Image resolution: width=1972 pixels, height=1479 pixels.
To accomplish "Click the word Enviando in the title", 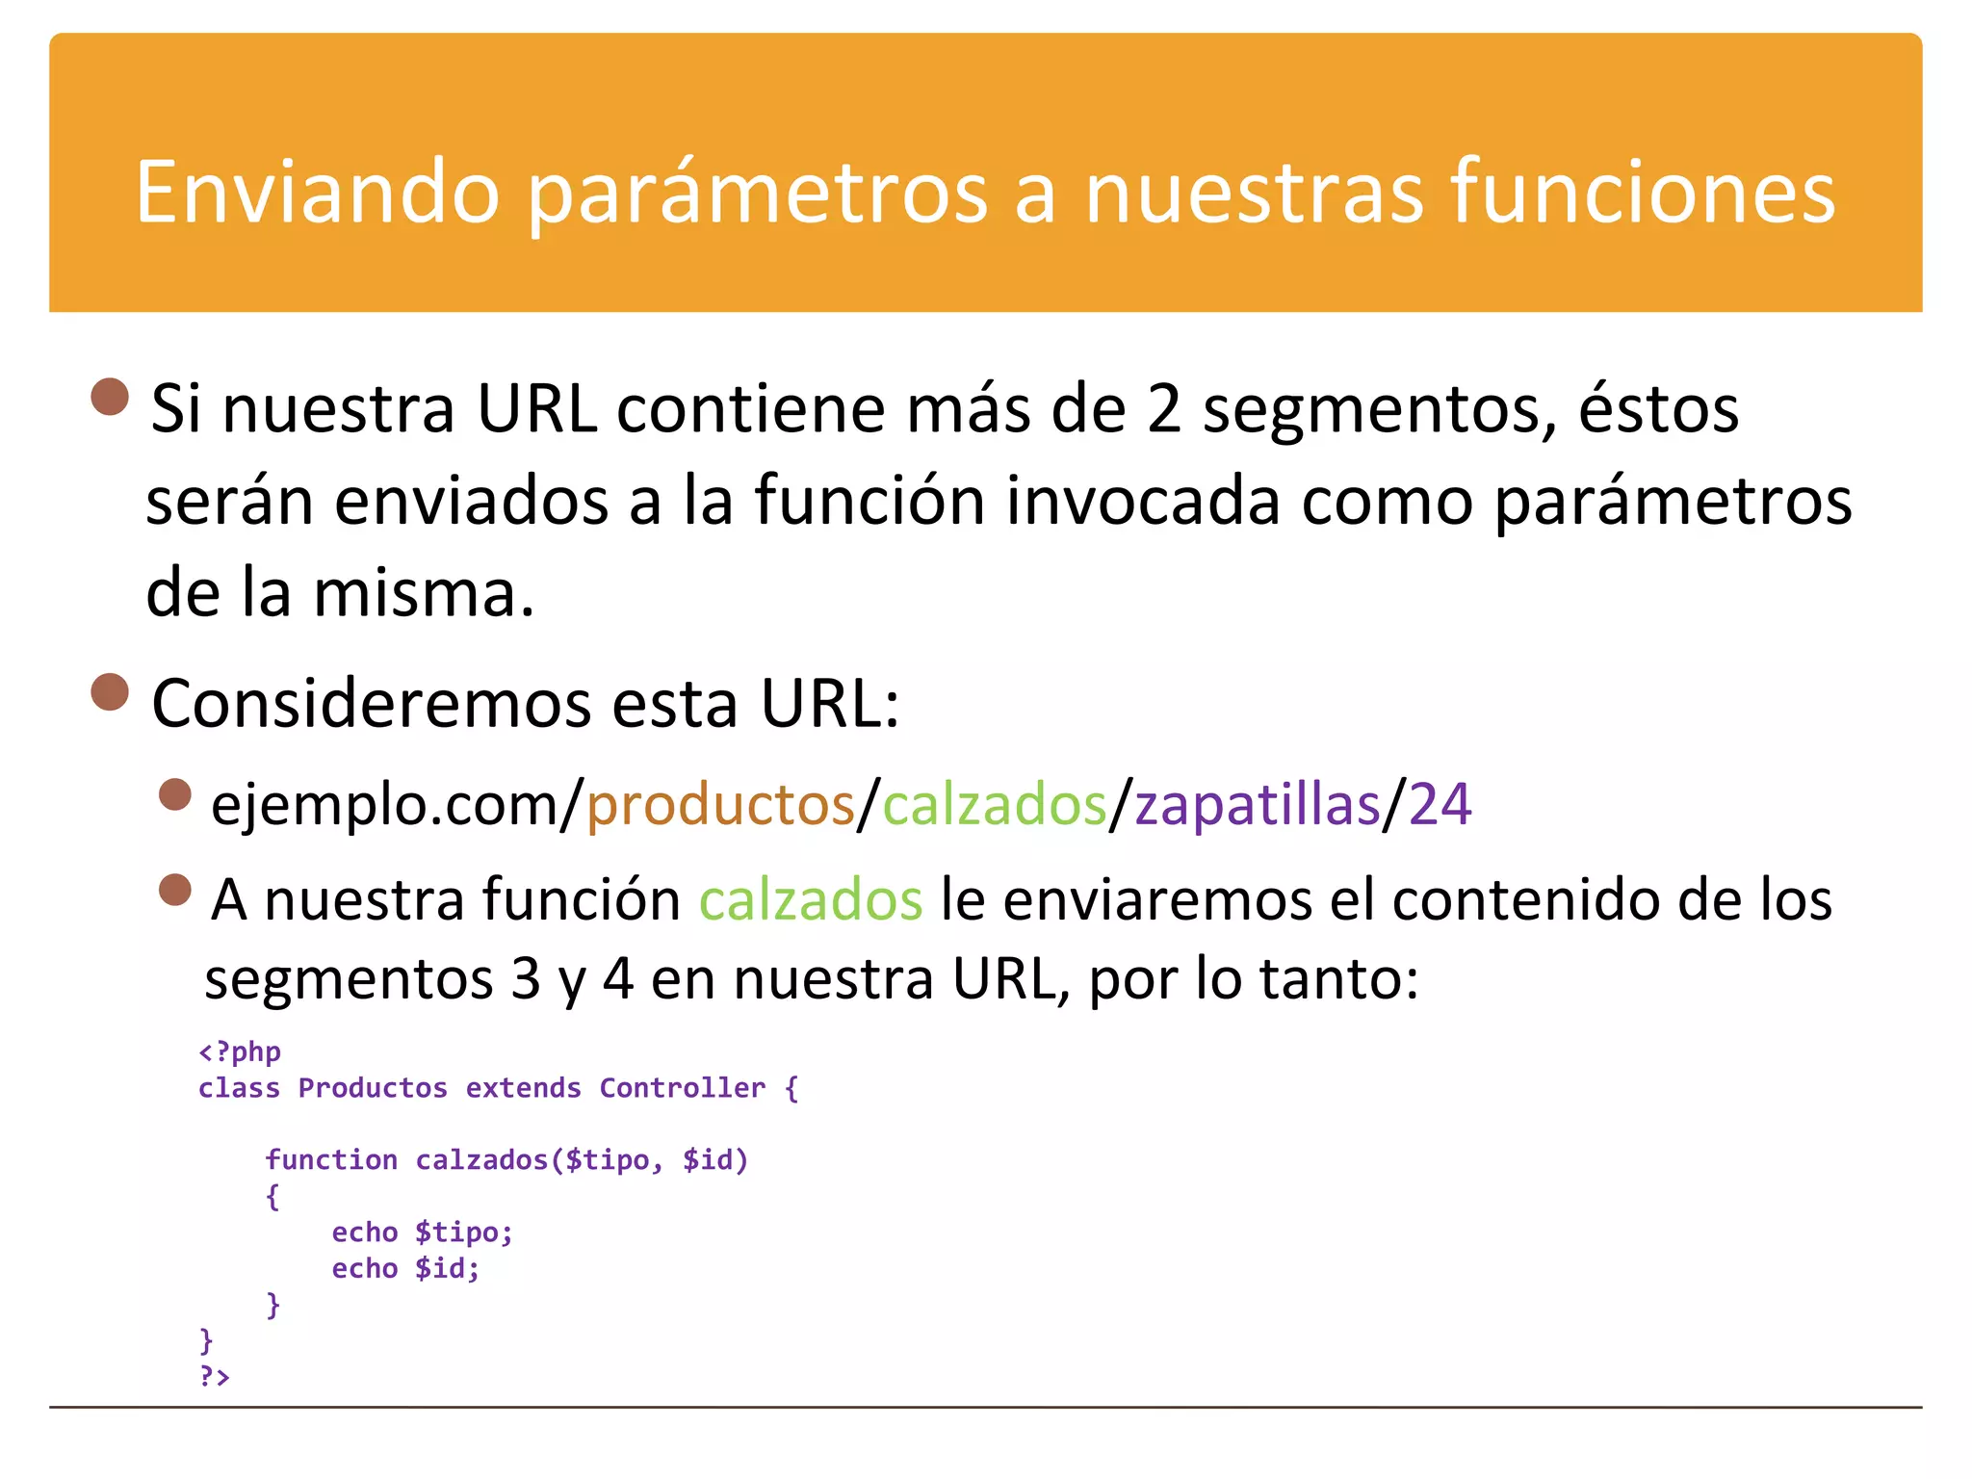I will point(317,193).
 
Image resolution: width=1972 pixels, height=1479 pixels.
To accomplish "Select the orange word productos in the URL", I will point(720,805).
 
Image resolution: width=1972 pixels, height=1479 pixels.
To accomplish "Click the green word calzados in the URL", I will point(994,805).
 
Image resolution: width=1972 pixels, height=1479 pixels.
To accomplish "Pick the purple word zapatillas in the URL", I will point(1257,805).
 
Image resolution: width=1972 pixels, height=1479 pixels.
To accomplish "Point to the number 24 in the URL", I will point(1440,805).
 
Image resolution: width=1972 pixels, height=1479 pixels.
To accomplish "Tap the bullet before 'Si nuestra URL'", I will point(110,397).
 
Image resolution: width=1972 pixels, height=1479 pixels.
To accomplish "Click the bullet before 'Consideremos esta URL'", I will point(110,691).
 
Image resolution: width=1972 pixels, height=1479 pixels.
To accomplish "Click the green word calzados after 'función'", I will point(810,901).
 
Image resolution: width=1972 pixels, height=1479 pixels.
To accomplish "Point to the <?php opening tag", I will point(240,1051).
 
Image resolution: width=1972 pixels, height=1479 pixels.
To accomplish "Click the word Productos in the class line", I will point(373,1088).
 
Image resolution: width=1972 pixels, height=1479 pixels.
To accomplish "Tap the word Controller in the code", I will point(682,1088).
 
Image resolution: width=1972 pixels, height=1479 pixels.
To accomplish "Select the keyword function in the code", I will point(331,1160).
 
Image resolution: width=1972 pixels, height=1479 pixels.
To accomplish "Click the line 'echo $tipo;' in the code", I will point(422,1232).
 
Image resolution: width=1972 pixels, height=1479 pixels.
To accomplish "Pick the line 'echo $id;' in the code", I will point(405,1269).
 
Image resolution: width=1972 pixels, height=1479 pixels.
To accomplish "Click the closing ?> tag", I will point(214,1377).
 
